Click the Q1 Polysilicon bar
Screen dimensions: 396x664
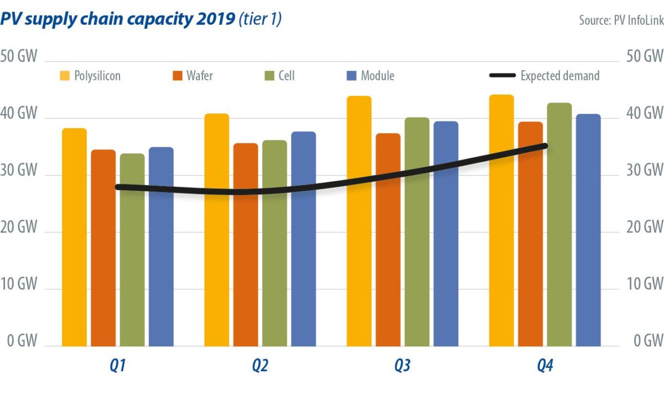pyautogui.click(x=74, y=237)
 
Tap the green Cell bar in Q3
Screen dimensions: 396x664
pyautogui.click(x=417, y=232)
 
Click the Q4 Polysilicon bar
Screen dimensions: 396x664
pyautogui.click(x=501, y=221)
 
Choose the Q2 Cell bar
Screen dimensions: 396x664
pyautogui.click(x=274, y=243)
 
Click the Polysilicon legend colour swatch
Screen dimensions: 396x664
pyautogui.click(x=65, y=76)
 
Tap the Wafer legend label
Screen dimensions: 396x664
pyautogui.click(x=199, y=76)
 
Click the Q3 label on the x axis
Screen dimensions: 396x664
pyautogui.click(x=402, y=366)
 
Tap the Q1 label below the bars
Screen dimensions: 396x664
pyautogui.click(x=117, y=366)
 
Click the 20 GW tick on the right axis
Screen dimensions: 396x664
pyautogui.click(x=644, y=227)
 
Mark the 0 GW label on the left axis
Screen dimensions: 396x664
pyautogui.click(x=22, y=341)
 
